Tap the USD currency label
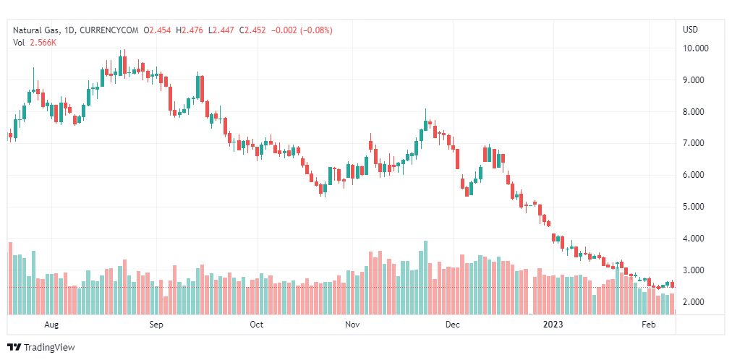click(690, 30)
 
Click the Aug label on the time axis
click(51, 325)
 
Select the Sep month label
click(156, 325)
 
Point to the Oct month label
click(256, 325)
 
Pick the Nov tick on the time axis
click(352, 325)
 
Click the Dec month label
click(452, 325)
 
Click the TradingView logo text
click(49, 348)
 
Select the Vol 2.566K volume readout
click(35, 43)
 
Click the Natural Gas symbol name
click(37, 30)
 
